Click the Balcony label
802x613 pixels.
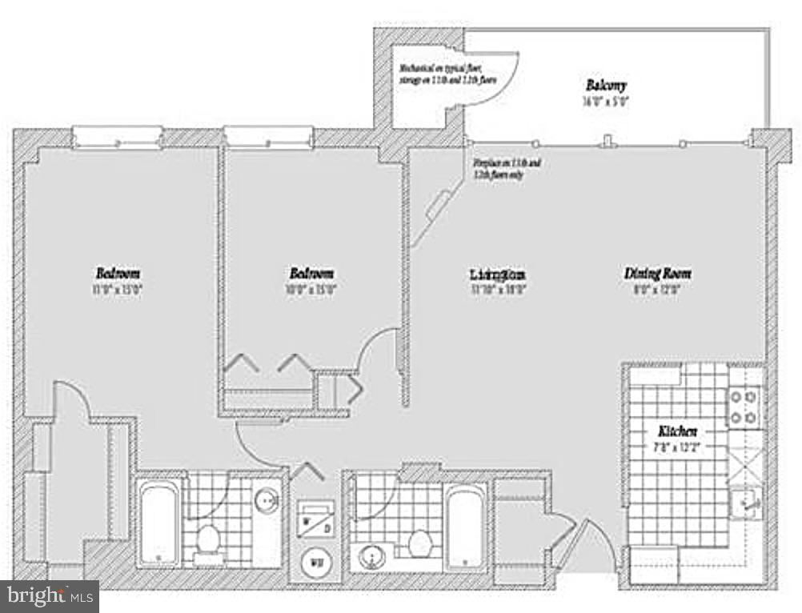point(605,85)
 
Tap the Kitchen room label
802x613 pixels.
point(677,431)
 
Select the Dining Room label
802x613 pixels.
point(657,274)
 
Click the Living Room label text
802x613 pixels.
point(497,274)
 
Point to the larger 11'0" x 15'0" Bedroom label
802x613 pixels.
point(118,272)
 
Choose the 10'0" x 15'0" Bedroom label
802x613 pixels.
point(311,273)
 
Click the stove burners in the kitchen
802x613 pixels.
point(744,406)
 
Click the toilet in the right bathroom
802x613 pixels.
point(421,543)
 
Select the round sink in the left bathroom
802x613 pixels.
point(267,502)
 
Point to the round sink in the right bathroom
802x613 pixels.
point(371,556)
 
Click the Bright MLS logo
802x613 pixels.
point(50,595)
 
